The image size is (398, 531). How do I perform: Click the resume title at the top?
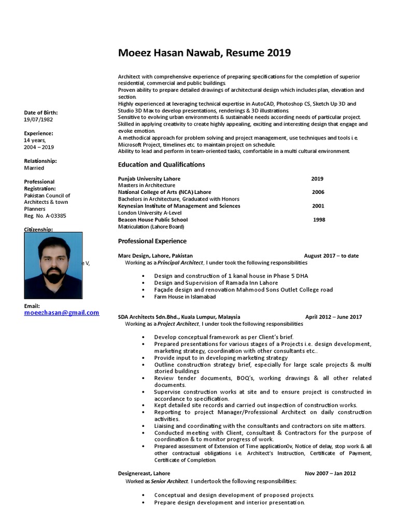point(204,53)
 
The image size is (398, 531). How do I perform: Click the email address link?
point(61,313)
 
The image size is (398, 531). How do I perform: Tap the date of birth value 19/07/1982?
point(38,119)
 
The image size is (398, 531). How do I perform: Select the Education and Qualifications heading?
point(161,164)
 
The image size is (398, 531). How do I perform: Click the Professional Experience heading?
point(152,241)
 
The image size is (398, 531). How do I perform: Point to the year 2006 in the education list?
point(318,192)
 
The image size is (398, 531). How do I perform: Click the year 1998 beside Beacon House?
point(319,219)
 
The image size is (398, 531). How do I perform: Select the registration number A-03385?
point(45,216)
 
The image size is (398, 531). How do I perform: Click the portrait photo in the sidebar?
point(53,265)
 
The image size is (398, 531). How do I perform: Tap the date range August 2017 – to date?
point(331,256)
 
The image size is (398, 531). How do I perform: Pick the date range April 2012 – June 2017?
point(333,317)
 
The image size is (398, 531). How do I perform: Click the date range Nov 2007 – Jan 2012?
point(330,473)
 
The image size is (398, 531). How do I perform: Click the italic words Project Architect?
point(178,324)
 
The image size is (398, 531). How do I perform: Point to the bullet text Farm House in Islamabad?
point(184,297)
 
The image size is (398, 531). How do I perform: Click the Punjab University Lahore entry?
point(149,178)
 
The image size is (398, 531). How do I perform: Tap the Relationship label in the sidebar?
point(40,161)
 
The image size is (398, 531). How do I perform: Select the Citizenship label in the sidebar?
point(38,229)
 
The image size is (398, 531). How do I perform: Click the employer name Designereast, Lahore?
point(144,473)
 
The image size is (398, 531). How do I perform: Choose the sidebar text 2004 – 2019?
point(39,147)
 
